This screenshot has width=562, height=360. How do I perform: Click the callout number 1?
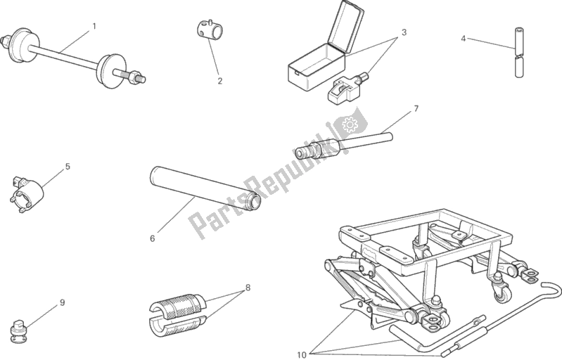tap(94, 26)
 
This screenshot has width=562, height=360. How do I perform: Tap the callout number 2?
tap(219, 81)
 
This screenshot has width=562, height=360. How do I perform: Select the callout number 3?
tap(404, 32)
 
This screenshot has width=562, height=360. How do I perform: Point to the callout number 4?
tap(463, 39)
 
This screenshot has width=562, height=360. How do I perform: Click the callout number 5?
tap(68, 167)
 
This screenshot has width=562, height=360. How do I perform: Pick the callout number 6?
tap(153, 238)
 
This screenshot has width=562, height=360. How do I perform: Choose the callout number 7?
tap(416, 108)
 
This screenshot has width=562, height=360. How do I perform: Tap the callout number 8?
tap(248, 288)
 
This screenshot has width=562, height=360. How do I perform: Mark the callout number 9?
tap(62, 302)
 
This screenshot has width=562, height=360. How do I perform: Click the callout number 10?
tap(302, 354)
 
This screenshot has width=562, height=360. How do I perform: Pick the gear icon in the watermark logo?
tap(348, 124)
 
